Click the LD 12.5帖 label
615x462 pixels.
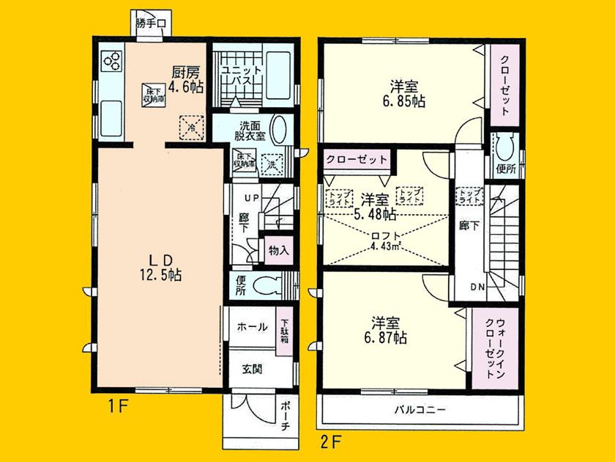pyautogui.click(x=161, y=267)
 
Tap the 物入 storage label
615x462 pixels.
pyautogui.click(x=278, y=249)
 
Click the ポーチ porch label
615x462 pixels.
pyautogui.click(x=286, y=420)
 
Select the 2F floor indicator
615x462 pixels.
pyautogui.click(x=333, y=441)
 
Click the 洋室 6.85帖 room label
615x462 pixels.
pyautogui.click(x=404, y=93)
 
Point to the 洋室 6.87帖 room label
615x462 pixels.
pyautogui.click(x=388, y=330)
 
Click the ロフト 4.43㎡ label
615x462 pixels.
pyautogui.click(x=386, y=241)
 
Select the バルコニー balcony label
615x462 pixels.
pyautogui.click(x=422, y=408)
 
